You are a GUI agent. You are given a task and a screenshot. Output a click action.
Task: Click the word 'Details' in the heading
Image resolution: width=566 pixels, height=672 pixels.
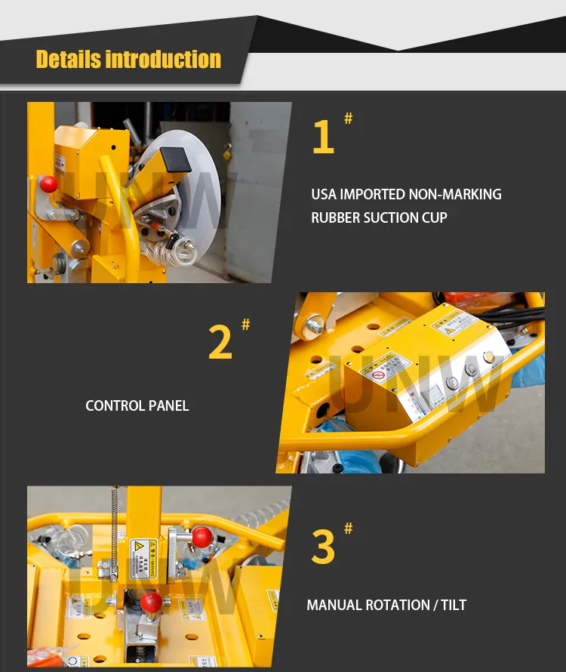tap(68, 59)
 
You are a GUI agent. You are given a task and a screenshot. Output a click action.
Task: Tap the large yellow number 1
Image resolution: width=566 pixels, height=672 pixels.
tap(323, 137)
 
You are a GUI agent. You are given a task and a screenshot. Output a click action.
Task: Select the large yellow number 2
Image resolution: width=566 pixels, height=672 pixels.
tap(220, 342)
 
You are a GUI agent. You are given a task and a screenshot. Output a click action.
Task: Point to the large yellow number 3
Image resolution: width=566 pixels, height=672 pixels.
tap(323, 547)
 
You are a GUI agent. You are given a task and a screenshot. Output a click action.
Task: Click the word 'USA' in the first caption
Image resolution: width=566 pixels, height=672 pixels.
tap(324, 194)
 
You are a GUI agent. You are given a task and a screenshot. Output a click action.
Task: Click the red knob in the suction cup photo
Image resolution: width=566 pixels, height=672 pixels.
tap(49, 183)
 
